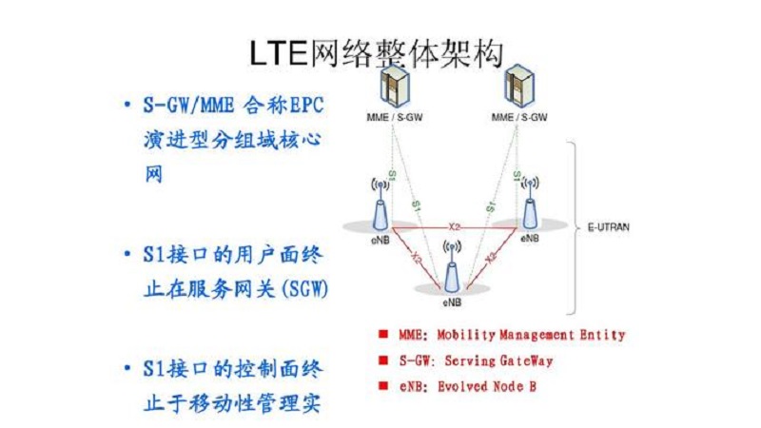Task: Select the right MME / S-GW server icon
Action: pos(518,87)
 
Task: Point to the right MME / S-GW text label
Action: pos(518,118)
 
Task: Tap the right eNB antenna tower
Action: pos(529,200)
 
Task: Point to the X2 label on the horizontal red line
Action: pos(455,226)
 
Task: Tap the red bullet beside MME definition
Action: pos(382,334)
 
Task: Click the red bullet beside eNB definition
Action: pos(382,386)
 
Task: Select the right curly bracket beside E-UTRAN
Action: pos(572,228)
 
